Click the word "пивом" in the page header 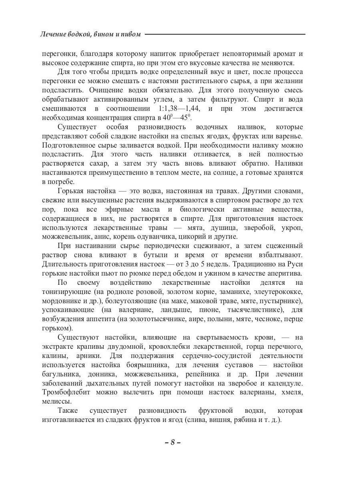click(x=131, y=34)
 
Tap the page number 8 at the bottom click(x=173, y=442)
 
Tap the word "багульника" click(x=61, y=374)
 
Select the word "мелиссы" click(x=56, y=401)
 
